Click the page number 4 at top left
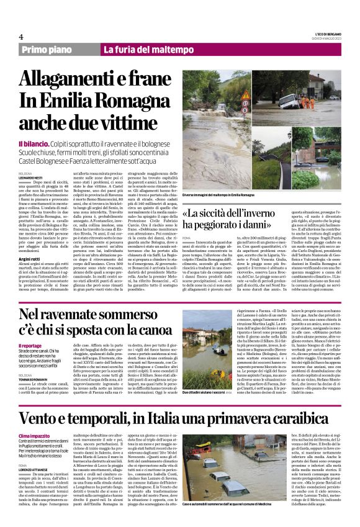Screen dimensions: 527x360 tap(20, 37)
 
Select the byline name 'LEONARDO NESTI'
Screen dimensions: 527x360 tap(32, 178)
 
